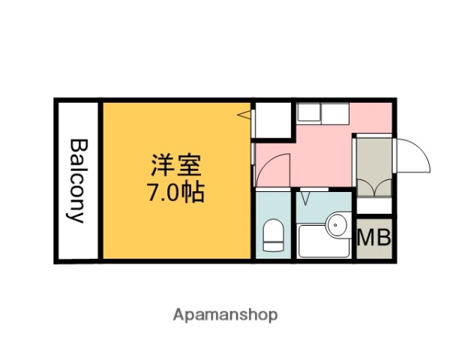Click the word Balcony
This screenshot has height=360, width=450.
pos(78,180)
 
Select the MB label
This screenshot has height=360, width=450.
pos(373,239)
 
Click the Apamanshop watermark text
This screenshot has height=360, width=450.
pos(226,314)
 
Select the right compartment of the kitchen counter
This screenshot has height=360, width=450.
pos(336,114)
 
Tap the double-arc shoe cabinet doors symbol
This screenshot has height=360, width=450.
pos(374,187)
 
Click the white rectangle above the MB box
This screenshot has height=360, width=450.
pos(374,205)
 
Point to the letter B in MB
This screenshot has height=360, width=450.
pos(382,239)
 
